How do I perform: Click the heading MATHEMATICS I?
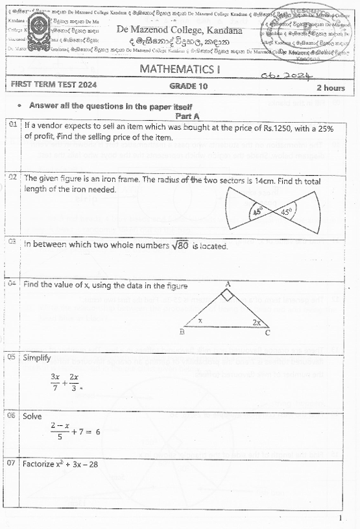click(x=180, y=69)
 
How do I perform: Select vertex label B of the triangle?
click(x=182, y=332)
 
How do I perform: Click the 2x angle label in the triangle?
click(x=258, y=321)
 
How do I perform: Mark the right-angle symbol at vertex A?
click(x=227, y=295)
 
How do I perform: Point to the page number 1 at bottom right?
click(x=341, y=518)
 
